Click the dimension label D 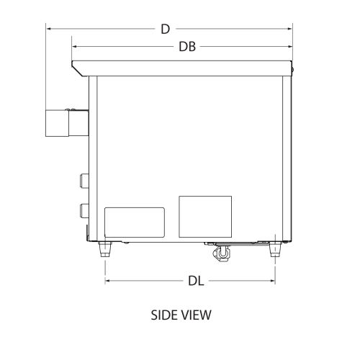pos(165,29)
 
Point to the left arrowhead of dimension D pos(48,29)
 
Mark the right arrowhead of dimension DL pos(273,282)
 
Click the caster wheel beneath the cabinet pos(221,253)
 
